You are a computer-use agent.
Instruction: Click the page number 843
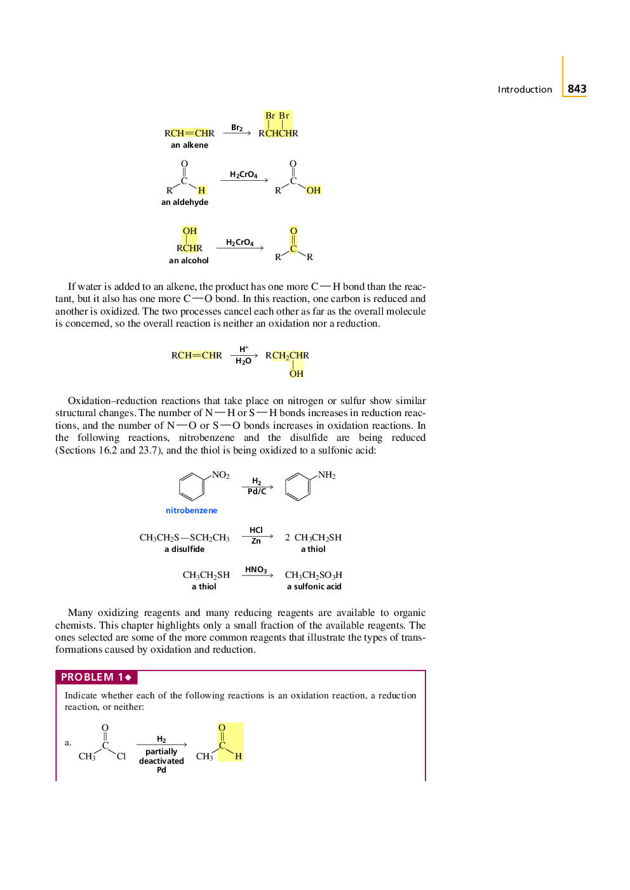click(x=577, y=89)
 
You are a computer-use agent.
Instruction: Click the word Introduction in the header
click(x=525, y=89)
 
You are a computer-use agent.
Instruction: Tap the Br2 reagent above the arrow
click(x=237, y=128)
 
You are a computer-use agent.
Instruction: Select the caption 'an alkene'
click(x=189, y=145)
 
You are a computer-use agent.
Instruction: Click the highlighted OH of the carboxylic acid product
click(x=313, y=190)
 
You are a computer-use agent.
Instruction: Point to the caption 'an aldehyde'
click(x=185, y=202)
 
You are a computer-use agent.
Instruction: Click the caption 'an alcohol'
click(x=189, y=261)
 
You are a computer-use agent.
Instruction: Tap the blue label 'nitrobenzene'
click(x=191, y=511)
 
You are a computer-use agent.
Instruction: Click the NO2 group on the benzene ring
click(x=220, y=475)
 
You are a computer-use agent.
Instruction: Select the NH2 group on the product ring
click(x=326, y=475)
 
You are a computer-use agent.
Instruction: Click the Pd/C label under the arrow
click(x=257, y=492)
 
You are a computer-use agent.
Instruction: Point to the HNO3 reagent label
click(x=256, y=570)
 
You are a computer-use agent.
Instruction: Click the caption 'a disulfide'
click(x=184, y=549)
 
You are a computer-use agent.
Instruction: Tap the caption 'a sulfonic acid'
click(x=314, y=587)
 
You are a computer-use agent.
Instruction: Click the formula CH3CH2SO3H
click(x=313, y=575)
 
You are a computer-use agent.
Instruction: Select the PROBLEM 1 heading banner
click(x=97, y=677)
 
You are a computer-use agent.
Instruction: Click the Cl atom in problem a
click(x=121, y=756)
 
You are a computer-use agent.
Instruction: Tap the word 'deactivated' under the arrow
click(x=161, y=761)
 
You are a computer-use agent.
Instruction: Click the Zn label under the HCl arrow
click(x=256, y=541)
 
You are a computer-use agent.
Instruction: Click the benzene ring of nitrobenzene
click(x=191, y=487)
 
